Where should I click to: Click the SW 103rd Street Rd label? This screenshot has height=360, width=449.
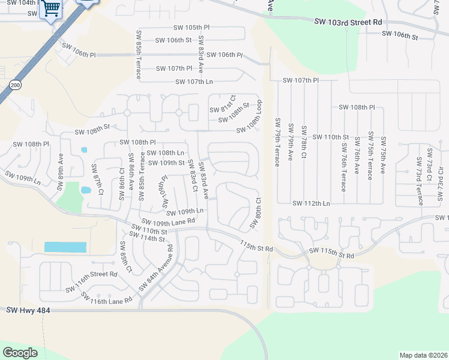click(348, 22)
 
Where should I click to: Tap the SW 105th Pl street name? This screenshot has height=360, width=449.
click(191, 28)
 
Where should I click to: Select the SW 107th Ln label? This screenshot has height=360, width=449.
click(194, 82)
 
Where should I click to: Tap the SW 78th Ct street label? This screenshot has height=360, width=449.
click(304, 142)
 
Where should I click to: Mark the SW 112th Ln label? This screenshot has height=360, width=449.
click(312, 203)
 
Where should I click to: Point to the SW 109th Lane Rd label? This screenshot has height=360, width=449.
click(169, 221)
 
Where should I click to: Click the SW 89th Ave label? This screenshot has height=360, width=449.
click(61, 172)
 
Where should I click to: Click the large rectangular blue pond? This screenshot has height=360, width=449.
click(65, 247)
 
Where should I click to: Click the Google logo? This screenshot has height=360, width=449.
click(20, 353)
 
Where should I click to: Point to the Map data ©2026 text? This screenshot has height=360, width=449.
click(423, 355)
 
